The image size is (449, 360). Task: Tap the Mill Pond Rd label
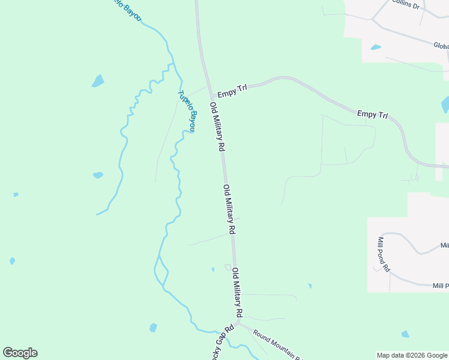click(x=383, y=255)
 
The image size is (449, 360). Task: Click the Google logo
click(x=20, y=352)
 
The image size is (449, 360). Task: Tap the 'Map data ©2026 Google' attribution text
click(x=412, y=355)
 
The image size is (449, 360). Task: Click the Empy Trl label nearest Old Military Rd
click(x=232, y=92)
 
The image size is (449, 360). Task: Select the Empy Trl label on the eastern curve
click(x=372, y=114)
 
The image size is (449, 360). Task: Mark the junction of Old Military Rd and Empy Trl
click(x=211, y=94)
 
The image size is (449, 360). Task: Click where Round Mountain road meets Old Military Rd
click(x=238, y=323)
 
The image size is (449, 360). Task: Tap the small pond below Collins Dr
click(x=376, y=47)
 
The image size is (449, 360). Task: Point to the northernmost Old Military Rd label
click(x=217, y=127)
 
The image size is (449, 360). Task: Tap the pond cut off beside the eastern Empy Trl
click(x=445, y=104)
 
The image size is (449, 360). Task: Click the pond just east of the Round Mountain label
click(x=405, y=334)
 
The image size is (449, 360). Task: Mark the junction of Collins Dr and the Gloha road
click(x=373, y=20)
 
